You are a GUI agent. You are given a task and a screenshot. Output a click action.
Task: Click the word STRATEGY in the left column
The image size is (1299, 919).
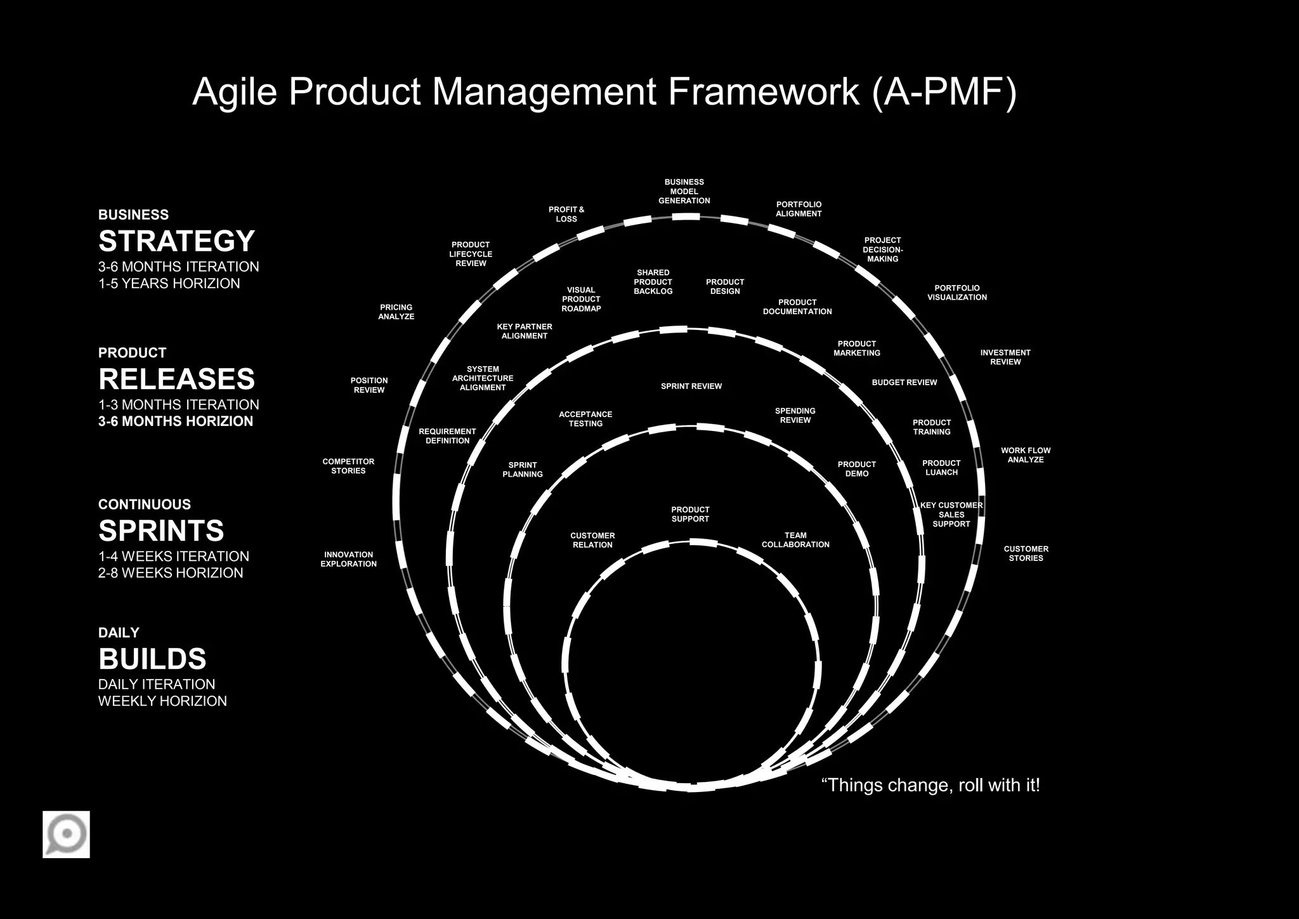tap(176, 241)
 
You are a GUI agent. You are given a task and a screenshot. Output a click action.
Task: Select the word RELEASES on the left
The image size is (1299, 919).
tap(176, 379)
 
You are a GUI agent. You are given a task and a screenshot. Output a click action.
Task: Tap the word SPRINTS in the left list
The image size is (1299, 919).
tap(161, 531)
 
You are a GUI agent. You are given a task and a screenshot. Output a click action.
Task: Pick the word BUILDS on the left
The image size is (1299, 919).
tap(152, 659)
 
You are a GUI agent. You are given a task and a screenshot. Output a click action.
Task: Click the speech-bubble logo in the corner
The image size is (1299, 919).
tap(66, 834)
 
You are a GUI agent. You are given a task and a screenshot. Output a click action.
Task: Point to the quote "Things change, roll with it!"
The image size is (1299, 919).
tap(930, 785)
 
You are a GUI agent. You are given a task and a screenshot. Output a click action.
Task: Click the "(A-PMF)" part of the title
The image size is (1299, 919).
tap(944, 91)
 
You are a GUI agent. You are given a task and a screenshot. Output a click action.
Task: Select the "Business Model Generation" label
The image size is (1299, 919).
tap(684, 191)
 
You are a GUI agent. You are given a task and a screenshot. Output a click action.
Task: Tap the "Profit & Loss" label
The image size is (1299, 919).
tap(566, 214)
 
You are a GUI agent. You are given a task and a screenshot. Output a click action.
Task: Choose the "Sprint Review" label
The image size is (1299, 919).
tap(691, 386)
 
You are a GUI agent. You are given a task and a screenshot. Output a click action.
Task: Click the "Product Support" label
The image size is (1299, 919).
tap(690, 514)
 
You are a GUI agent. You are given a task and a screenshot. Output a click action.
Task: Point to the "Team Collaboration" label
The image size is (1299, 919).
tap(795, 540)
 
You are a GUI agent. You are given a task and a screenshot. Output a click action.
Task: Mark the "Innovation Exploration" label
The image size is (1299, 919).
tap(348, 559)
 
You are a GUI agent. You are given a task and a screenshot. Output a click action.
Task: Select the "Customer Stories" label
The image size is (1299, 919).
tap(1026, 553)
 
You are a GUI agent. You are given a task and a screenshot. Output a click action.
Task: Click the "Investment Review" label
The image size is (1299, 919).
tap(1005, 357)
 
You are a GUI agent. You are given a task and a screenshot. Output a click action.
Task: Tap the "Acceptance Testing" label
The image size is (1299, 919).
tap(585, 419)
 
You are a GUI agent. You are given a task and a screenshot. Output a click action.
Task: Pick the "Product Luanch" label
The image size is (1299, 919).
tap(941, 468)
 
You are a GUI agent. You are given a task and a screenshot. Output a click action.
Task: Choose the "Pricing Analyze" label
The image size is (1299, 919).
tap(396, 312)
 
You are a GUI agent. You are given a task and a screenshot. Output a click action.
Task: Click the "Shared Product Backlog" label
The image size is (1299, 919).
tap(653, 282)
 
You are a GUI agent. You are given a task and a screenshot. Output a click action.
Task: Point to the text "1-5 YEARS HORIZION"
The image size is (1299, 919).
tap(169, 284)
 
